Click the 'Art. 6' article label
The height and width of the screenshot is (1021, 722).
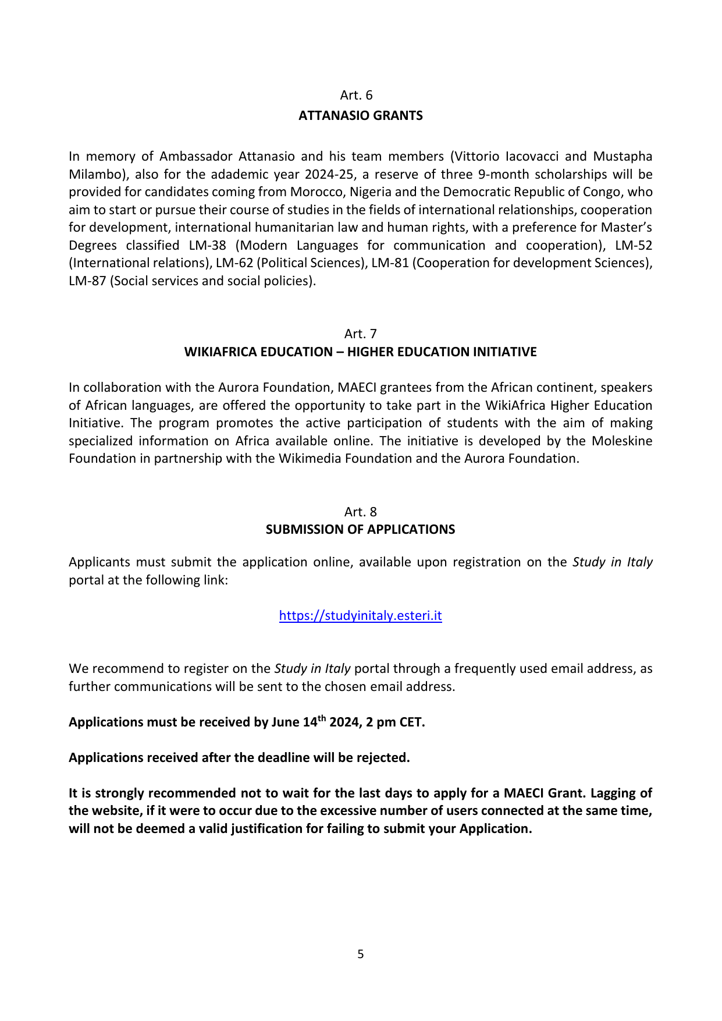(356, 95)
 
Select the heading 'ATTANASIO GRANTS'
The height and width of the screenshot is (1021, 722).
(361, 116)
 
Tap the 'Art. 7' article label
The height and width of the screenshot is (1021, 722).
(361, 334)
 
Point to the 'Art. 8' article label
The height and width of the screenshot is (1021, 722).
(361, 512)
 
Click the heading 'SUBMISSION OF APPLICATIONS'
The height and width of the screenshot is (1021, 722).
(361, 530)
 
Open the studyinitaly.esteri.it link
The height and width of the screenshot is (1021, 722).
(361, 616)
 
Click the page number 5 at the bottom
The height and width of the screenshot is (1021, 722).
(361, 954)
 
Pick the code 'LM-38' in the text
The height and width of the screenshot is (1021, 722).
(207, 246)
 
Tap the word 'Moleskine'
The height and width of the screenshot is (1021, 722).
(622, 441)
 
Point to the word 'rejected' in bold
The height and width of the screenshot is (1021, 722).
(384, 758)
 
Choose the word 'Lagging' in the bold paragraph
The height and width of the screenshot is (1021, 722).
(609, 793)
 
